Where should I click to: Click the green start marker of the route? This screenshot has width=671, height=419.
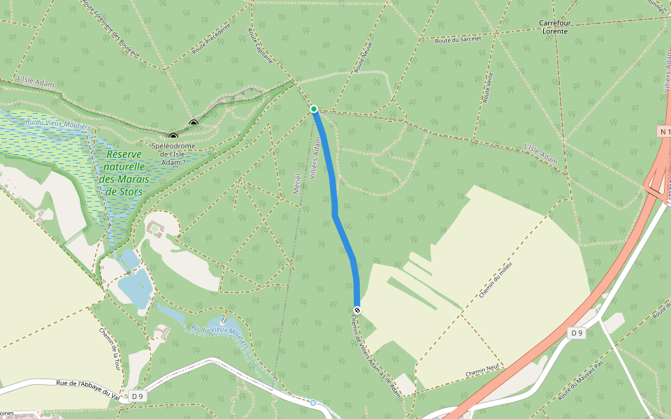(x=314, y=109)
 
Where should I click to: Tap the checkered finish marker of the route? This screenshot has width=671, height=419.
(x=357, y=309)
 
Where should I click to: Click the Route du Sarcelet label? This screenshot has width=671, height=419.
(x=458, y=40)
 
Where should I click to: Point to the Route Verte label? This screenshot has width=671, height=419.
(x=487, y=88)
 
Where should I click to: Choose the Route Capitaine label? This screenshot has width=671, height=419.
(x=260, y=45)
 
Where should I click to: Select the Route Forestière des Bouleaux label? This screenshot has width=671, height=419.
(x=111, y=29)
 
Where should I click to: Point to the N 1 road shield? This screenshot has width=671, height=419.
(x=665, y=131)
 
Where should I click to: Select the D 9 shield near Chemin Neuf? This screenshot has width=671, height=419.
(x=576, y=333)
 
